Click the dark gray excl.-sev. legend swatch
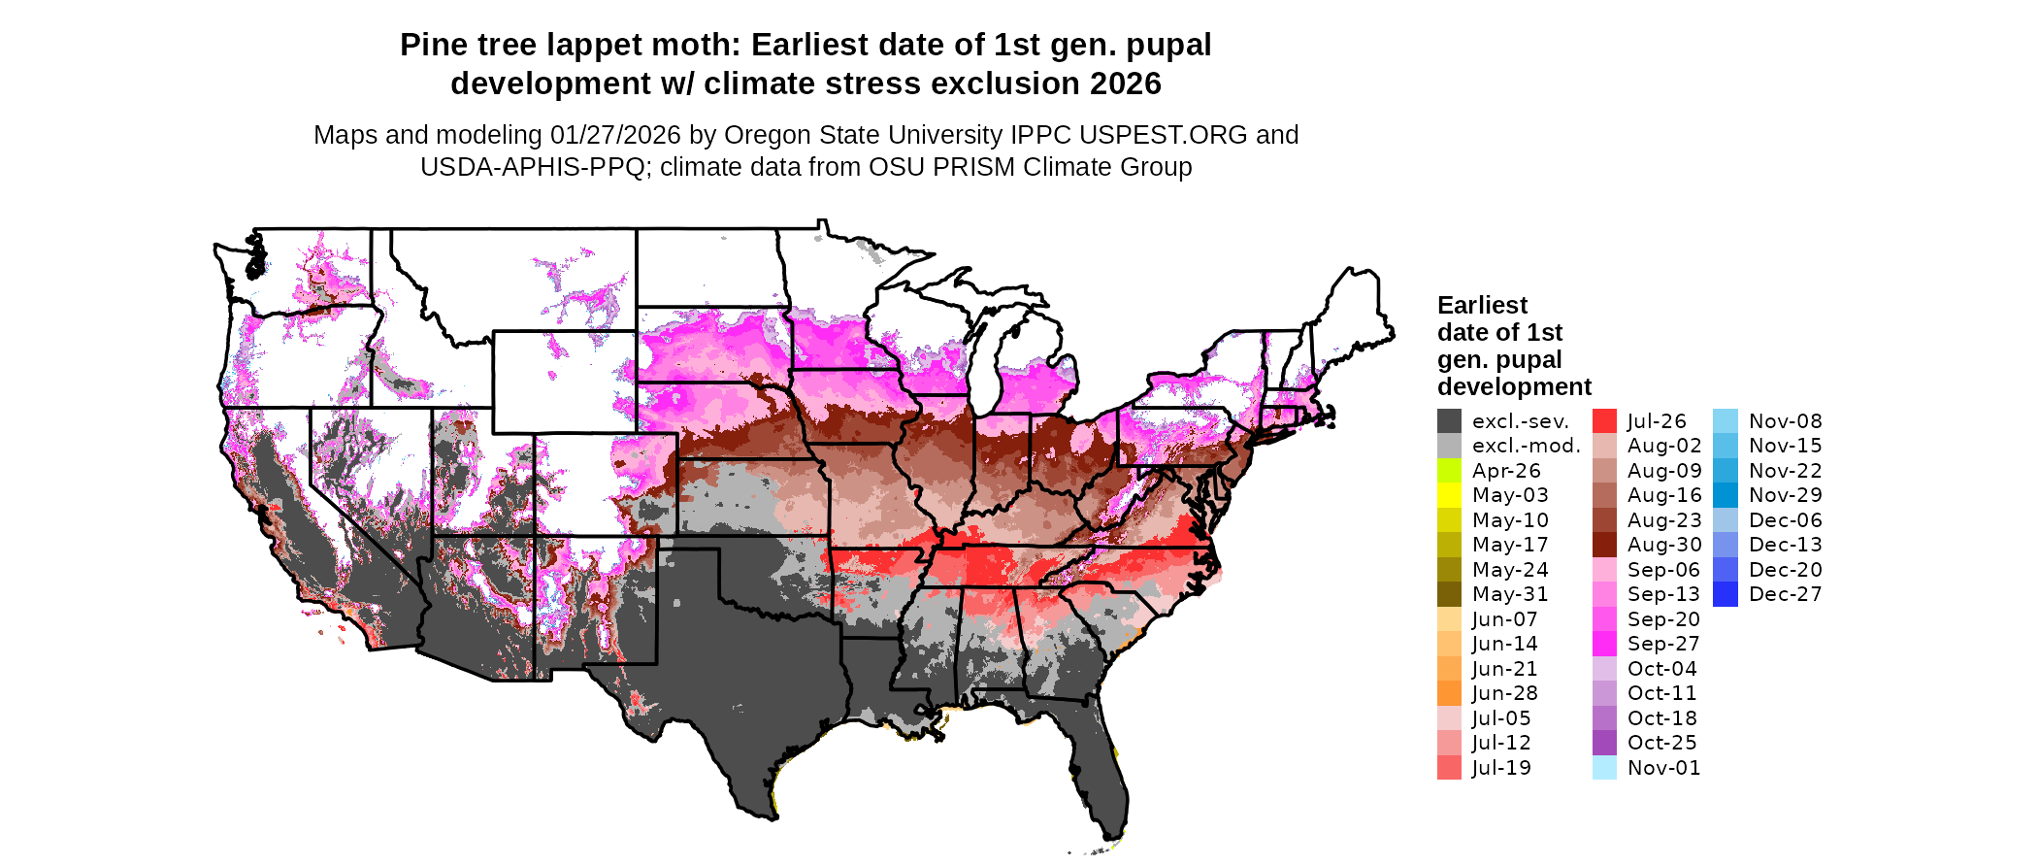[1449, 421]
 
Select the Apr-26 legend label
[1506, 471]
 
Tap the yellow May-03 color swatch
[1449, 495]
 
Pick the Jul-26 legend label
[1657, 421]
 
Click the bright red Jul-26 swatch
[1604, 421]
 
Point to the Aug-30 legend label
[1664, 545]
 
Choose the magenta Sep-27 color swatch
[1604, 644]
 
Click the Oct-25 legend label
[1662, 743]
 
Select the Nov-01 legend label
[1664, 768]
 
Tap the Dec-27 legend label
[1786, 594]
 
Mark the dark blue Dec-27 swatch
[1726, 594]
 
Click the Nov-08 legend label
[1786, 421]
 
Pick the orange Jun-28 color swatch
[1449, 693]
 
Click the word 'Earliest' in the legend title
[1482, 306]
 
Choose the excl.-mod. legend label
[1526, 446]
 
